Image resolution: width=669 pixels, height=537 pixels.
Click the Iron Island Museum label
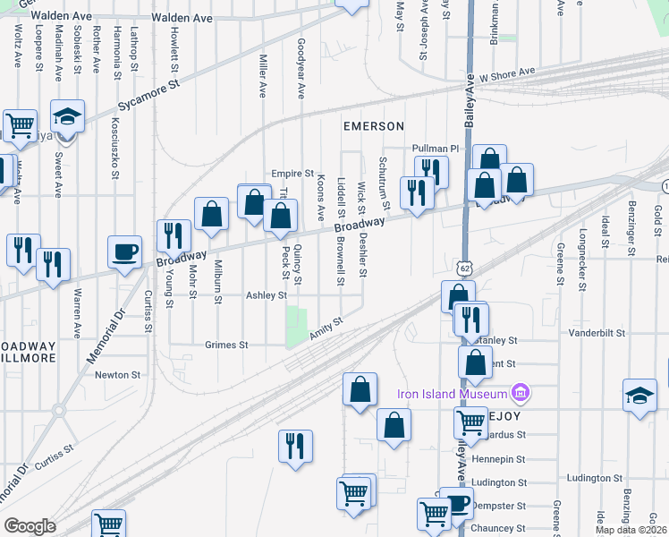(x=452, y=393)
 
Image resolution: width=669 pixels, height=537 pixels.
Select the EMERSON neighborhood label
(x=374, y=126)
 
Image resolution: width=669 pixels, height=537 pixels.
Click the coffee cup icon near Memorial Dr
(x=124, y=251)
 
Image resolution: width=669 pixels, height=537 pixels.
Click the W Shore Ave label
(x=506, y=74)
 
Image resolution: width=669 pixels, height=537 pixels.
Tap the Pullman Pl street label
(x=435, y=149)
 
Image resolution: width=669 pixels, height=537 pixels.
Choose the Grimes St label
(x=226, y=345)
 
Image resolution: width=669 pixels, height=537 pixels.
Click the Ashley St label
(x=267, y=294)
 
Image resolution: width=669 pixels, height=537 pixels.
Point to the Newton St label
(x=119, y=375)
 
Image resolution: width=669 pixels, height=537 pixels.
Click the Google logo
(x=30, y=526)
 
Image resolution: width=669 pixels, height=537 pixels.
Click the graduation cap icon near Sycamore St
(x=67, y=116)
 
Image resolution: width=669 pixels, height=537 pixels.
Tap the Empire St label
(x=292, y=174)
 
